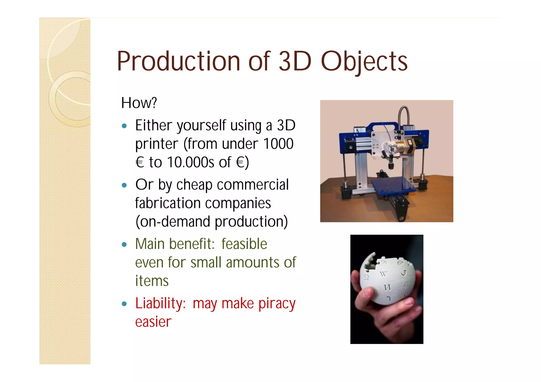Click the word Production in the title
point(178,61)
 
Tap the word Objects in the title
point(364,62)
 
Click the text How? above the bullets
point(139,103)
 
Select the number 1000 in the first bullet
point(278,144)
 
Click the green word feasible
point(244,244)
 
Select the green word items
point(152,281)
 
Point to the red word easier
point(153,322)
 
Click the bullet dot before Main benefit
point(124,245)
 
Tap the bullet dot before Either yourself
point(124,126)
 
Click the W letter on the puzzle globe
point(383,274)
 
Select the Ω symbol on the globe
point(366,277)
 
